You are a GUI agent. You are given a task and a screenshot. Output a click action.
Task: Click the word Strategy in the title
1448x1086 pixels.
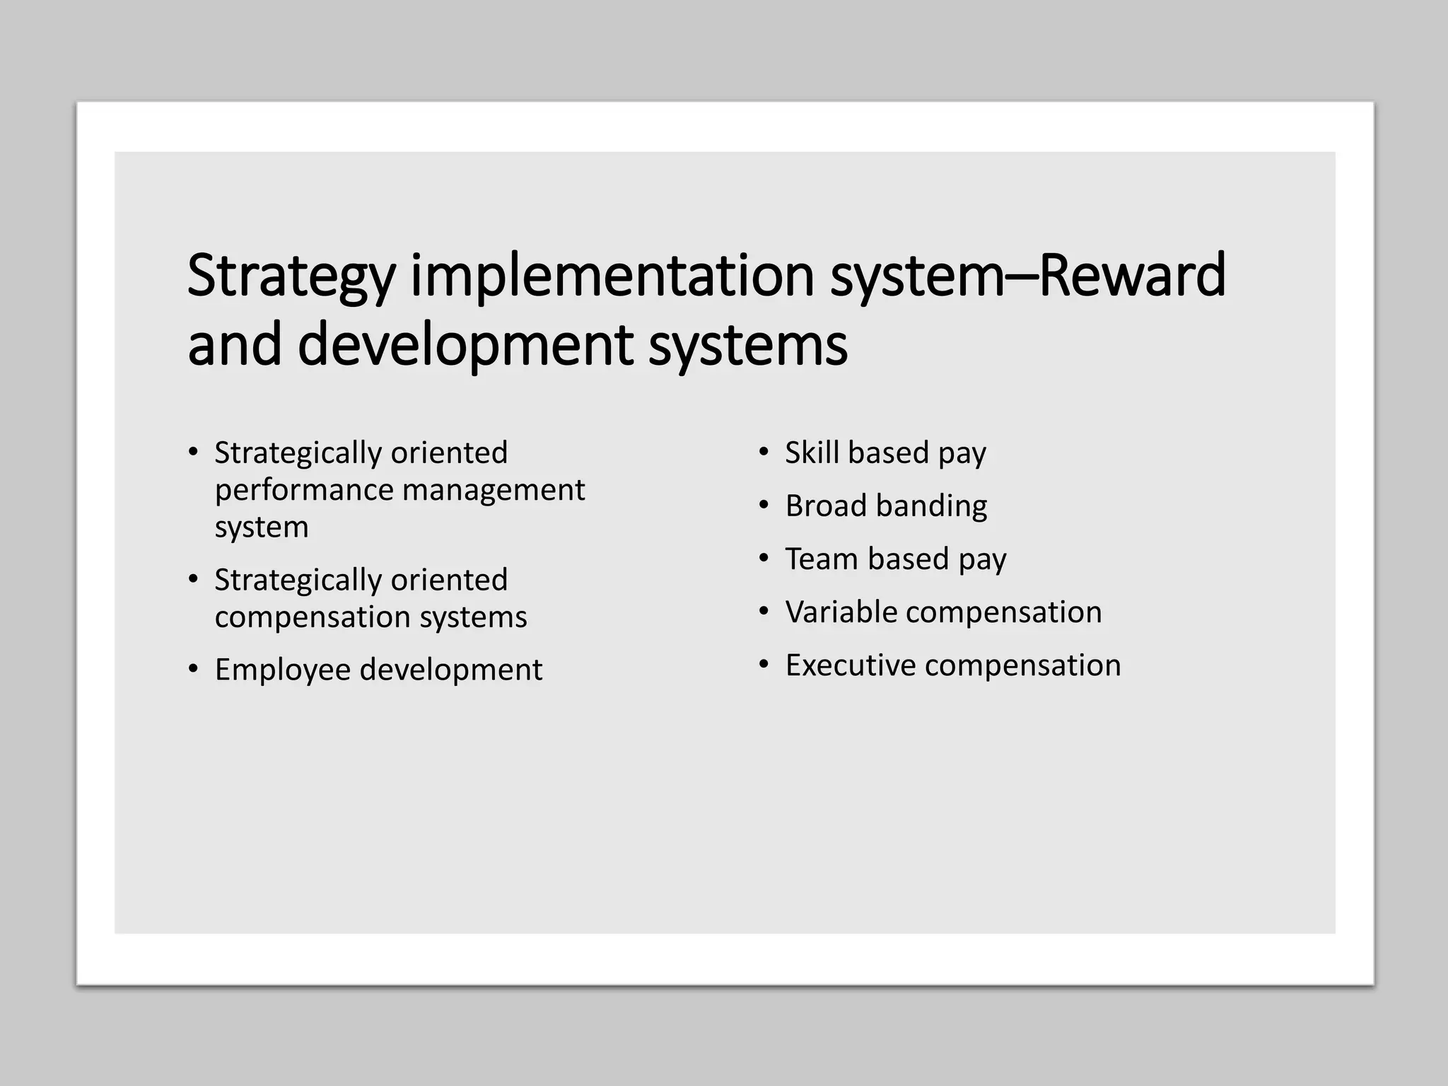tap(290, 276)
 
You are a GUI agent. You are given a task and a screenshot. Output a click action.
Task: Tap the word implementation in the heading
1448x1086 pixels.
tap(612, 276)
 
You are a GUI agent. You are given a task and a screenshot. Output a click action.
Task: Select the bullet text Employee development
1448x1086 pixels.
tap(378, 670)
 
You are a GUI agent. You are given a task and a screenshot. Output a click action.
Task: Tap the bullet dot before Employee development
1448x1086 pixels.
tap(193, 668)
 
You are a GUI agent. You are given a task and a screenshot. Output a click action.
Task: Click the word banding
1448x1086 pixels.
tap(931, 506)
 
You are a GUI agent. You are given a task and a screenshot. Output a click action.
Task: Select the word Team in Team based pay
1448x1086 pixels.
tap(821, 559)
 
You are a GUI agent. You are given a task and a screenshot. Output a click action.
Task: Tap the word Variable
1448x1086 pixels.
tap(841, 612)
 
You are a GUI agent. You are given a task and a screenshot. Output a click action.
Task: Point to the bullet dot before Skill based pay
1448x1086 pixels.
tap(764, 452)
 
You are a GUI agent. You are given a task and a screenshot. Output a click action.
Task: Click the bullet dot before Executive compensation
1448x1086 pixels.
tap(764, 665)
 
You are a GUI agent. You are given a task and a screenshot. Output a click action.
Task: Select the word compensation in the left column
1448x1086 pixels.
tap(313, 617)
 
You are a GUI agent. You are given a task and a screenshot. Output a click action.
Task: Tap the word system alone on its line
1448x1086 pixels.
tap(262, 527)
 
